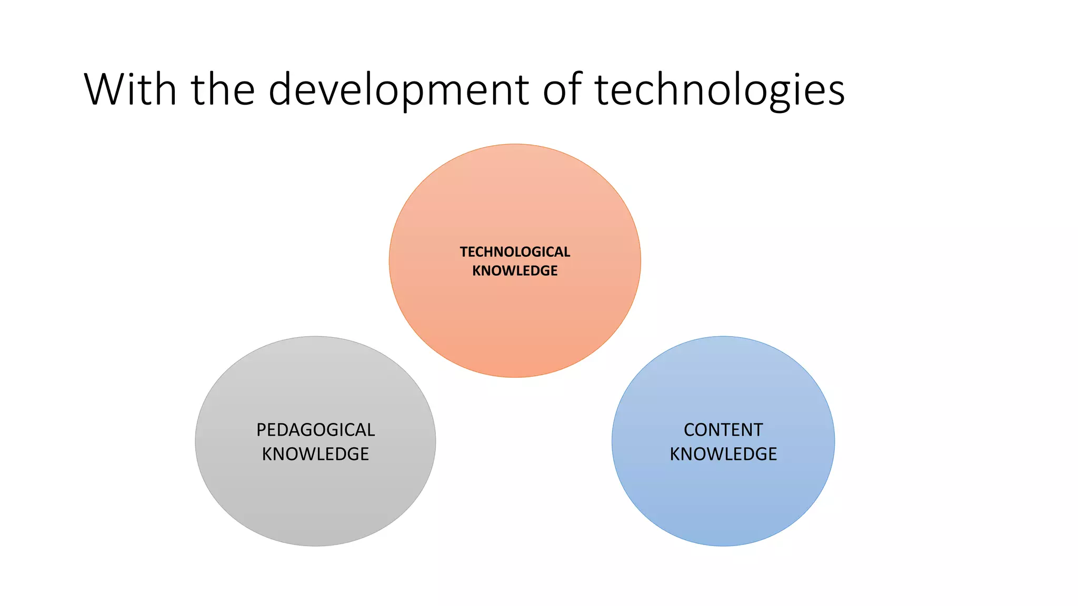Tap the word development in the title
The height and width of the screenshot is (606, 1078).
coord(398,90)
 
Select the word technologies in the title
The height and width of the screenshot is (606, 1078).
coord(720,90)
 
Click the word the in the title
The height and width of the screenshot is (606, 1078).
coord(223,89)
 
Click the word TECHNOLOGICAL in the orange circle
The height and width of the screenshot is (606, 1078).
coord(515,252)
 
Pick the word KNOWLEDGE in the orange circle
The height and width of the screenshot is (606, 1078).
coord(515,271)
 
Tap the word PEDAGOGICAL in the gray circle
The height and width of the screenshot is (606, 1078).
coord(315,430)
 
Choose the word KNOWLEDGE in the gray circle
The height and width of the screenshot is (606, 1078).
coord(315,454)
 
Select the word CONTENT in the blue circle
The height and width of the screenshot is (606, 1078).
coord(723,430)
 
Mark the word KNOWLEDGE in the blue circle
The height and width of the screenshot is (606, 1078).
coord(723,454)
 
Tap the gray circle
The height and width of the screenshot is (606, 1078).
coord(315,500)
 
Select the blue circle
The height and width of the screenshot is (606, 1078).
coord(723,500)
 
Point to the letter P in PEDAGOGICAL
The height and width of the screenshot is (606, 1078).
coord(261,430)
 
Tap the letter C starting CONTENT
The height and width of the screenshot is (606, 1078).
coord(690,430)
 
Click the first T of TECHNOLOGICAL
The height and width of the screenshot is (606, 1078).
coord(464,252)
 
